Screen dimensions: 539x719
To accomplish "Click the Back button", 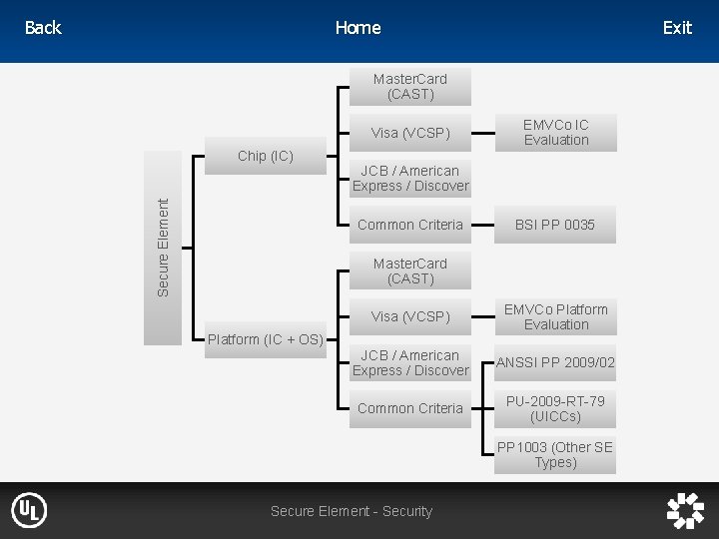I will [x=42, y=28].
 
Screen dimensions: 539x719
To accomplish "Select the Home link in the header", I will [x=358, y=28].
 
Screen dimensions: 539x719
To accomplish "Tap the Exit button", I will [x=676, y=28].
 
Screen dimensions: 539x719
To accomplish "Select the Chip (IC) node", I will [x=266, y=156].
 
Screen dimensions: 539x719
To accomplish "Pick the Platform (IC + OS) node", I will [x=265, y=339].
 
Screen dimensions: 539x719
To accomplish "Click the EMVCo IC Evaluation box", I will [x=556, y=132].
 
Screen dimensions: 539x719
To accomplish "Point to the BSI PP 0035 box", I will [x=556, y=225].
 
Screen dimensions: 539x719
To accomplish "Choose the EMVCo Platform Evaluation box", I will [x=556, y=316].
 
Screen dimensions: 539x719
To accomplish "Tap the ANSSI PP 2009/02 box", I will [x=556, y=362].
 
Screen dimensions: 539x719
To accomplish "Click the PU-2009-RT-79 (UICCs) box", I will [x=556, y=408].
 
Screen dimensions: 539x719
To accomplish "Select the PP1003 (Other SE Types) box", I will [x=556, y=454].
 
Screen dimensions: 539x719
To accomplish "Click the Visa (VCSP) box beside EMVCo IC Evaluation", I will [x=410, y=132].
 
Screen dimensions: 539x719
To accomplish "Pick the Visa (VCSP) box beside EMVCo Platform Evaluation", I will [x=410, y=316].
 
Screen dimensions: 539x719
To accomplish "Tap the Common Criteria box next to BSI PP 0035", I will [x=410, y=225].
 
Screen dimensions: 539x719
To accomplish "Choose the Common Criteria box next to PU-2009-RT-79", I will [x=410, y=408].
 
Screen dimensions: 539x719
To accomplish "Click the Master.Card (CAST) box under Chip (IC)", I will [x=410, y=86].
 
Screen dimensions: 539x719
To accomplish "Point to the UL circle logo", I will [x=29, y=511].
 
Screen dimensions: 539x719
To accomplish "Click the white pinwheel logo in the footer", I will [x=685, y=511].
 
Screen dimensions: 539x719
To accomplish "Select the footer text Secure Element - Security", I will [x=352, y=511].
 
